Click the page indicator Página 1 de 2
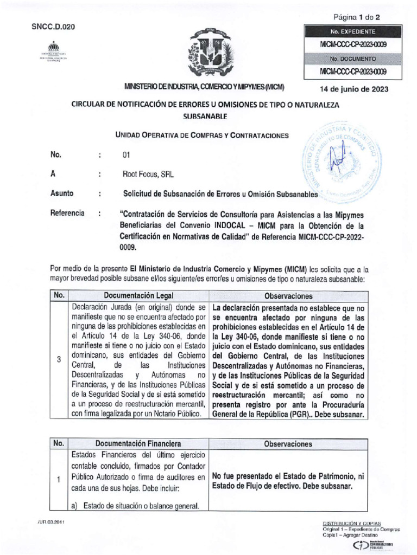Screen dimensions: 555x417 [x=357, y=17]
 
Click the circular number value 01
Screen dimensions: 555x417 [x=127, y=156]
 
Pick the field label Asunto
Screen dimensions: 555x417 [x=62, y=193]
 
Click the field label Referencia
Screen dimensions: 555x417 [x=67, y=213]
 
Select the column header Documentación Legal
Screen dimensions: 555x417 [x=138, y=296]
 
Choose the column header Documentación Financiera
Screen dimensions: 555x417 [x=138, y=443]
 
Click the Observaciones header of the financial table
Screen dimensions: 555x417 [x=288, y=443]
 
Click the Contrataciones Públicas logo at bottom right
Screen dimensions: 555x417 [x=373, y=545]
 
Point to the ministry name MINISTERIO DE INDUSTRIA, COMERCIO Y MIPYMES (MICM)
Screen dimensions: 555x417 [x=205, y=87]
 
